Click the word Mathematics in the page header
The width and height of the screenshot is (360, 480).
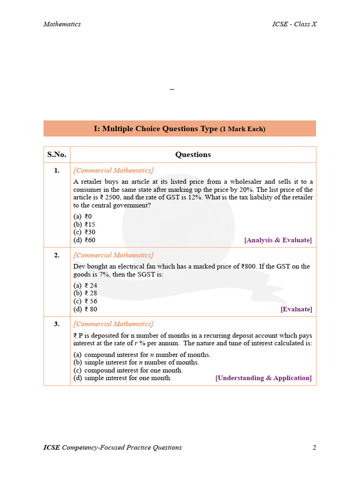62,24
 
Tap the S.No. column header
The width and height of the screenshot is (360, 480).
57,155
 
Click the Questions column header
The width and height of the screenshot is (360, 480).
193,155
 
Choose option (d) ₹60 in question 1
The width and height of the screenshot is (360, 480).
84,240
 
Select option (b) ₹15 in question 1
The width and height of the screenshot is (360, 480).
84,224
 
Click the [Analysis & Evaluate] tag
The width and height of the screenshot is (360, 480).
277,240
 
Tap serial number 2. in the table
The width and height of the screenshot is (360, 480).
57,255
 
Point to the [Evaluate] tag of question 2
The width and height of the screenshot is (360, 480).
296,309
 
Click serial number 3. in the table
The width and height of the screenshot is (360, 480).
57,324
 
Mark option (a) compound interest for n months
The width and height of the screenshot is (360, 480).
142,354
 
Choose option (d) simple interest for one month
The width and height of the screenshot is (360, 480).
123,378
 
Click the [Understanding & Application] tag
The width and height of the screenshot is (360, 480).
263,378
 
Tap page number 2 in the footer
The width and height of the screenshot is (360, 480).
314,447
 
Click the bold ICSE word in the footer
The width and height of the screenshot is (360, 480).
52,447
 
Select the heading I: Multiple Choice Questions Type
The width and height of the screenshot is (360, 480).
180,128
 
